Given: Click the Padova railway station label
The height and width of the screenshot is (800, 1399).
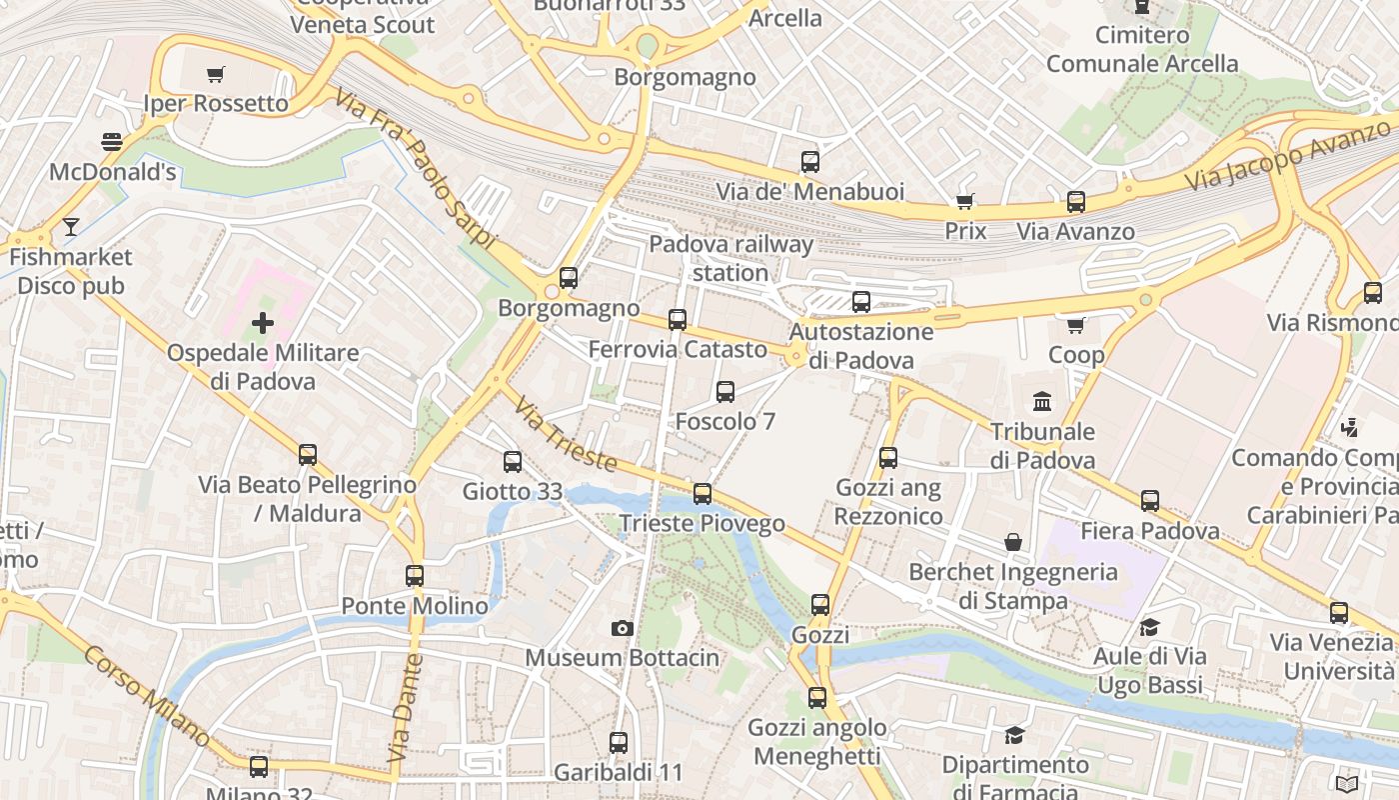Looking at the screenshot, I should coord(731,258).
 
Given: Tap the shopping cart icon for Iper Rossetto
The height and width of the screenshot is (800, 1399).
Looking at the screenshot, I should coord(215,74).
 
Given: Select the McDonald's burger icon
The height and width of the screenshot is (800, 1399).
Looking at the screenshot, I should coord(112,142).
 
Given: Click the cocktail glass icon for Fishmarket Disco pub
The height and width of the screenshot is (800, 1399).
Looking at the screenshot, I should coord(70,227).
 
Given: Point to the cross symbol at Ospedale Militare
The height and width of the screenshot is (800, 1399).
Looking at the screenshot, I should coord(263,323).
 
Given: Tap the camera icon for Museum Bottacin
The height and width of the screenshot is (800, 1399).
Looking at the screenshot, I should coord(623,628).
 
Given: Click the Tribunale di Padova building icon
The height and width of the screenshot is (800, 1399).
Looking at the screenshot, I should coord(1042,401).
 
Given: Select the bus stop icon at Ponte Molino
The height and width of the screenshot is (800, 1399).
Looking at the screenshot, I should coord(415,576).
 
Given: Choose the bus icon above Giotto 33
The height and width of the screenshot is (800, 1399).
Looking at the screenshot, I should coord(513,461).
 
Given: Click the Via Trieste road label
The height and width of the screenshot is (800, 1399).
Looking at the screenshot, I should coord(566,438).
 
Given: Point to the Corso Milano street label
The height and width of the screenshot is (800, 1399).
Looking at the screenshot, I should coord(146,696).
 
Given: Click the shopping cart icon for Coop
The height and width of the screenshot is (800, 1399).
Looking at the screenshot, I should coord(1076,325).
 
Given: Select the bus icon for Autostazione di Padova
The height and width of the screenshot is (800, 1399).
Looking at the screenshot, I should coord(861,301).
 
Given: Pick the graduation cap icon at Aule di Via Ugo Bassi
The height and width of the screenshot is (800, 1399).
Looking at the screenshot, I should coord(1149,627).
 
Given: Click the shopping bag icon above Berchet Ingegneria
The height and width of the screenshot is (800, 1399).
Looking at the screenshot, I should coord(1013,541).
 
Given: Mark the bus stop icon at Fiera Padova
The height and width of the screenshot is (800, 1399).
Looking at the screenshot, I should coord(1150,500).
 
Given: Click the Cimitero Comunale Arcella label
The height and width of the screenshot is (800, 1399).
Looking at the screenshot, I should coord(1142,49).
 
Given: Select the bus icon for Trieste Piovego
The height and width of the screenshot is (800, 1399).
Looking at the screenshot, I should coord(702,493).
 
